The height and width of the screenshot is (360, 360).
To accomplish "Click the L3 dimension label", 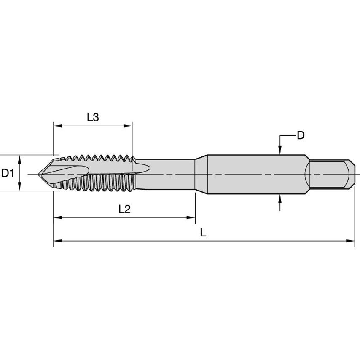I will (93, 117).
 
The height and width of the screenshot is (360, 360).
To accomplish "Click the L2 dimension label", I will (124, 209).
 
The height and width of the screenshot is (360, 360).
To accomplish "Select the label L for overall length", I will (203, 233).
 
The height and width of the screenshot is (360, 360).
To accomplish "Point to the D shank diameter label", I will (301, 135).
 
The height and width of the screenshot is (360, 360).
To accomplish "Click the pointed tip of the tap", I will (40, 174).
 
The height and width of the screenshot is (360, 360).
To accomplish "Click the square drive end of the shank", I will (330, 173).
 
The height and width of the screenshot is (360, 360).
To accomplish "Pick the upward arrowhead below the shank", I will (280, 199).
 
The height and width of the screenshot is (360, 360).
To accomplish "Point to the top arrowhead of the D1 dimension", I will (20, 158).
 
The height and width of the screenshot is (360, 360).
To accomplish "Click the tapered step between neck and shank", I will (202, 174).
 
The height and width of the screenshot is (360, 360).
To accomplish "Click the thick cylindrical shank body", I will (253, 173).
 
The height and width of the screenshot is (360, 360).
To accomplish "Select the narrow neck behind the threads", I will (169, 174).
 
